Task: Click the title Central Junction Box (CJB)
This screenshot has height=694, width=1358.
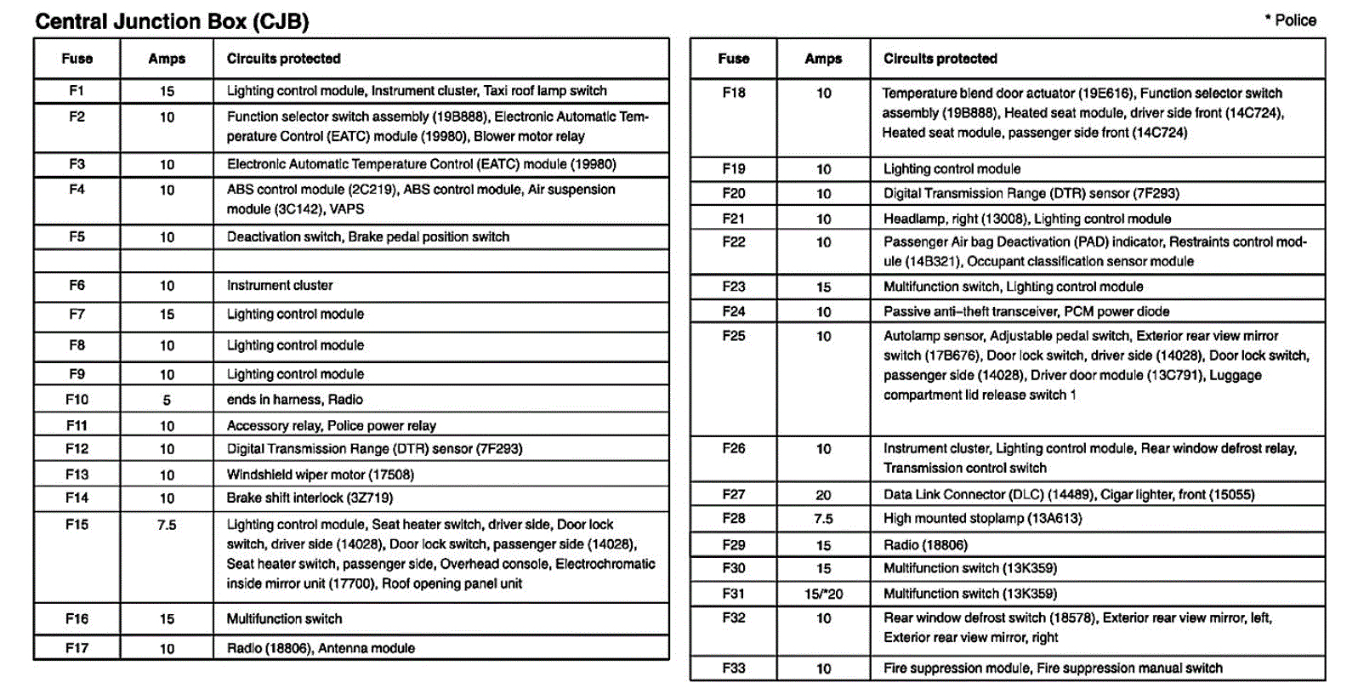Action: click(x=172, y=21)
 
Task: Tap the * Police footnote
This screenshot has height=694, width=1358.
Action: click(x=1290, y=20)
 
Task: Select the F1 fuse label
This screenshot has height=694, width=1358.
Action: click(x=77, y=90)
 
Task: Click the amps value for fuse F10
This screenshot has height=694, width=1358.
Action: click(x=167, y=400)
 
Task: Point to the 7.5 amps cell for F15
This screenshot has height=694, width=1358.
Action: click(x=167, y=525)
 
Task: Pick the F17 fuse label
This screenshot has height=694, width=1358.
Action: click(x=77, y=648)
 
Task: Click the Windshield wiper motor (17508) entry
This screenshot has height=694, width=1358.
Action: click(x=320, y=475)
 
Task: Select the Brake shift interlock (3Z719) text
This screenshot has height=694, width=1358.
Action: click(x=310, y=498)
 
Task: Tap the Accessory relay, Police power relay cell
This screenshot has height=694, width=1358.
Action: click(x=331, y=425)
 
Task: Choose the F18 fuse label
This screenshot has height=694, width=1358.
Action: click(x=733, y=93)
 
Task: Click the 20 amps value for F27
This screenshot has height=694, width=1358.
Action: click(x=823, y=495)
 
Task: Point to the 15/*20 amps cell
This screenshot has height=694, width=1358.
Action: click(x=823, y=594)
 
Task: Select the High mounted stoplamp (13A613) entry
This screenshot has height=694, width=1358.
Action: click(x=982, y=518)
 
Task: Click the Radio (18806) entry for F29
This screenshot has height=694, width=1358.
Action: click(x=925, y=545)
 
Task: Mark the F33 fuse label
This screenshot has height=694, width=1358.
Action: click(x=733, y=668)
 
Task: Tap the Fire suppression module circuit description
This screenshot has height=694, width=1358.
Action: click(x=1053, y=668)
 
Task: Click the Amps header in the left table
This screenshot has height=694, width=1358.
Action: click(x=167, y=59)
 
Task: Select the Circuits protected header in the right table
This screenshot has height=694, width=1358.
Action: click(x=940, y=59)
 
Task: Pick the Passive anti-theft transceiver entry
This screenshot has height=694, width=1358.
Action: click(x=1026, y=311)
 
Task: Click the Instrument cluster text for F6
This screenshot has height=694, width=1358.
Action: click(x=280, y=286)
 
